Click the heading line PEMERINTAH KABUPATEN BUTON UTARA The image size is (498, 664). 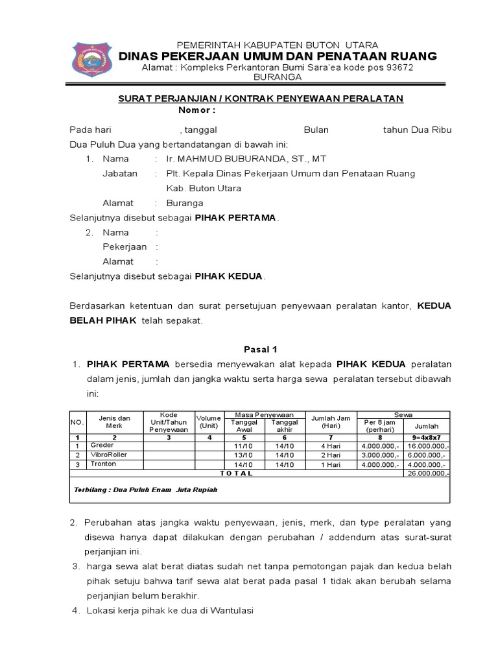tap(278, 45)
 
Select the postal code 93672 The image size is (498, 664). tap(396, 67)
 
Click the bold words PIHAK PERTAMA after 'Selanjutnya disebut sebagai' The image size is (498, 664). tap(236, 218)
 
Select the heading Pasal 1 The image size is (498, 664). tap(260, 348)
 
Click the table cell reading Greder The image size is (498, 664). tap(102, 446)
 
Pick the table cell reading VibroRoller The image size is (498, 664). tap(108, 455)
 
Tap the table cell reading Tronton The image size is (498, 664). tap(103, 464)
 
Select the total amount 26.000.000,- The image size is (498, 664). tap(426, 473)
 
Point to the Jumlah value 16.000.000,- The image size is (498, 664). tap(426, 446)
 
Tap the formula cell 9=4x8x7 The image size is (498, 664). tap(426, 438)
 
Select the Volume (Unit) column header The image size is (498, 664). tap(209, 422)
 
